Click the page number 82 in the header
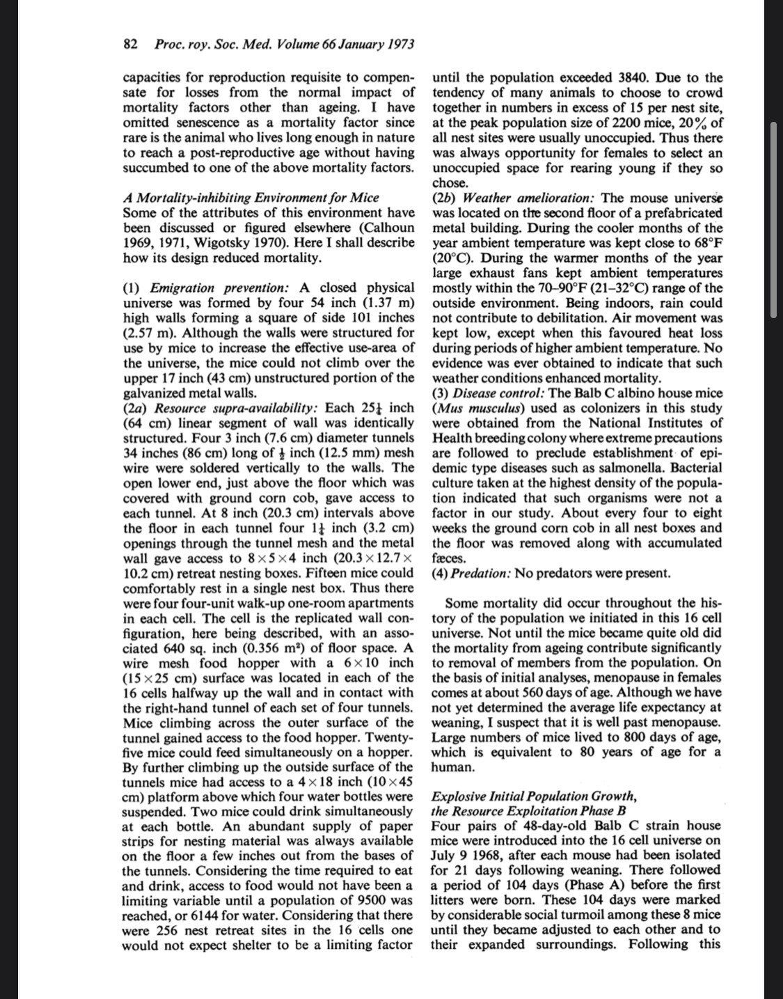coord(129,45)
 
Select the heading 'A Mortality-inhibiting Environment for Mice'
coord(251,198)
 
